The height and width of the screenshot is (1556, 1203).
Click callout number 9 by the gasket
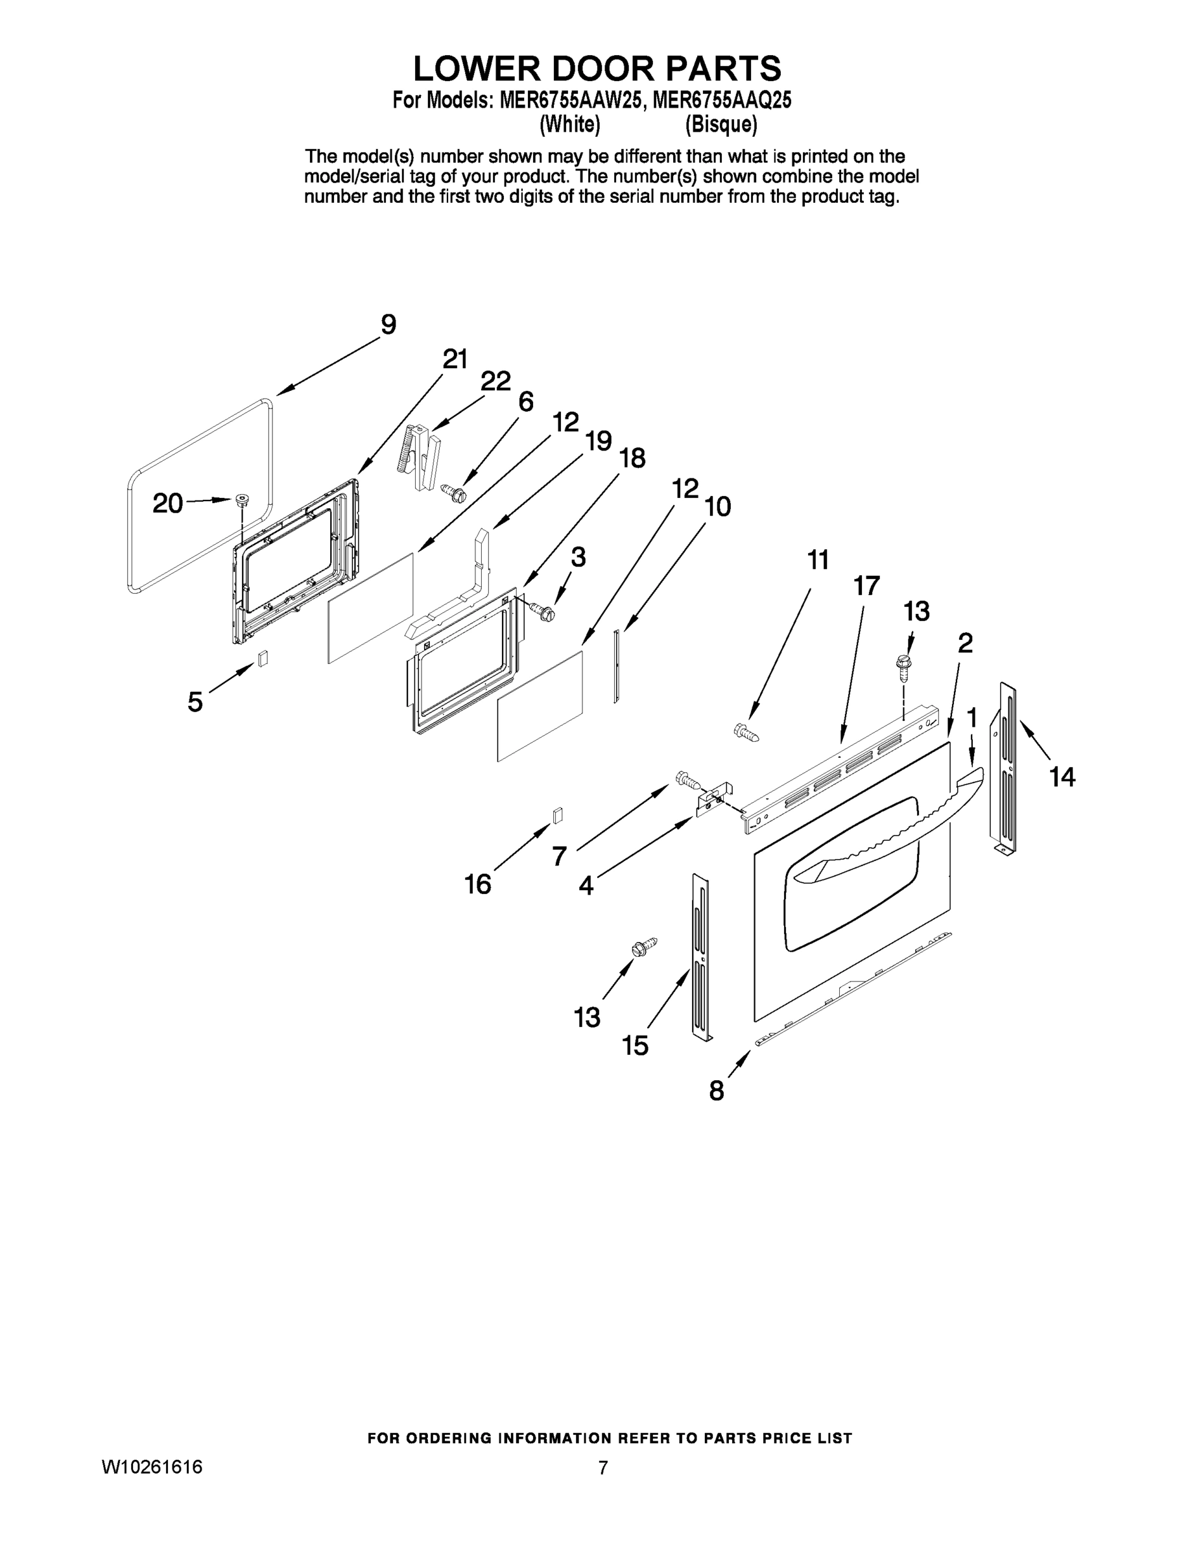click(388, 325)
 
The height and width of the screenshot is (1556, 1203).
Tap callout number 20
click(168, 504)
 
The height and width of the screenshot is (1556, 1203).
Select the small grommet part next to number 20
click(243, 499)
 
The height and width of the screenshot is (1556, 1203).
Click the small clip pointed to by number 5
click(263, 657)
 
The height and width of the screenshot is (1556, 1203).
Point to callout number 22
click(495, 381)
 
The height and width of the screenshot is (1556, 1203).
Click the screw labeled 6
click(453, 491)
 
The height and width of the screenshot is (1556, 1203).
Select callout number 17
click(866, 585)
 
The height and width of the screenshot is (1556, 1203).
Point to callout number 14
click(1062, 776)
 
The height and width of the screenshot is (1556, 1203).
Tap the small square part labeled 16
click(558, 814)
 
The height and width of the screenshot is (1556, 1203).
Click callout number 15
click(635, 1046)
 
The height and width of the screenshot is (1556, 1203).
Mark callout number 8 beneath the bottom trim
click(716, 1090)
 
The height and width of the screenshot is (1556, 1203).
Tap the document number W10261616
click(152, 1467)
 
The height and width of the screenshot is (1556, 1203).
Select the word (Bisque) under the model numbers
click(721, 124)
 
